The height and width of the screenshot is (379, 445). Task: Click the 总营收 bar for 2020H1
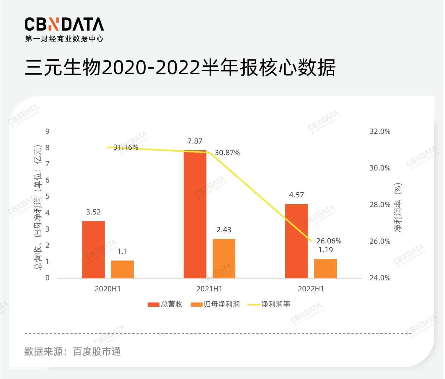93,250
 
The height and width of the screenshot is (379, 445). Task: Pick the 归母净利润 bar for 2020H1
122,269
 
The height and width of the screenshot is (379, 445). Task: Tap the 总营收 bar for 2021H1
195,214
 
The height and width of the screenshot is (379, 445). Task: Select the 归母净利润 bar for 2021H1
224,258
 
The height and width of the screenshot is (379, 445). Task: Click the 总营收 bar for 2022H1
296,241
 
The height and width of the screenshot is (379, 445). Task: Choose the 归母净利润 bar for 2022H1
325,269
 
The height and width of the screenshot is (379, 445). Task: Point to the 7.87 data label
195,141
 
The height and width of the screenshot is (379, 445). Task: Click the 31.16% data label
126,147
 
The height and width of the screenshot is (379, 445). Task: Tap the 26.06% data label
329,241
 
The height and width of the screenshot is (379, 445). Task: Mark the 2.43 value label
224,230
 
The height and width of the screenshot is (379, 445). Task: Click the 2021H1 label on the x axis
209,289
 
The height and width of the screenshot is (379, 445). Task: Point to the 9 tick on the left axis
47,131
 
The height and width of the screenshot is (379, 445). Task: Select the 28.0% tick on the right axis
380,205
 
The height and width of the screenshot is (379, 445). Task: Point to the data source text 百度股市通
97,352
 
